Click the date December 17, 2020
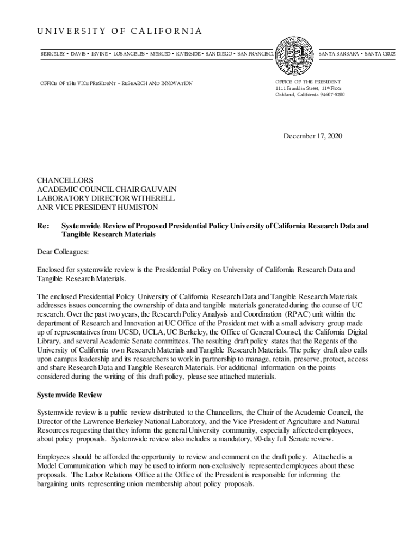(x=312, y=136)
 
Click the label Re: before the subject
(x=42, y=225)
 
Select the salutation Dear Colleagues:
(x=62, y=252)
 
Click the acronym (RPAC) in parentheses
(x=298, y=314)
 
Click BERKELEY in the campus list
(x=53, y=54)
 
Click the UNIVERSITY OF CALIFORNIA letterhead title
(x=119, y=31)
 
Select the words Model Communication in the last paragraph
(x=72, y=466)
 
